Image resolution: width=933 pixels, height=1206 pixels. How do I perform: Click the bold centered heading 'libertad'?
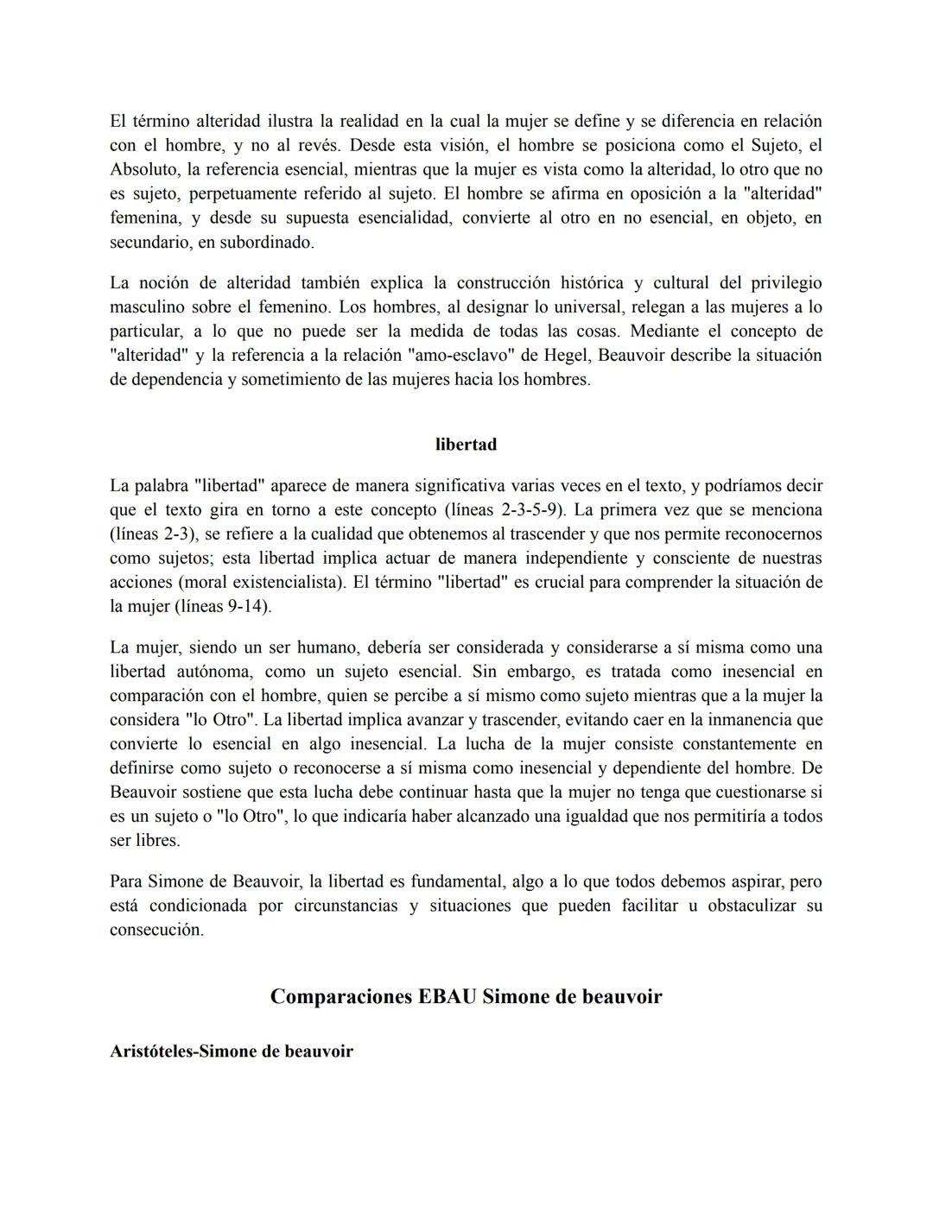(x=466, y=445)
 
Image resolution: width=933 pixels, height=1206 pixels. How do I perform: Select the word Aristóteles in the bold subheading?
(x=152, y=1051)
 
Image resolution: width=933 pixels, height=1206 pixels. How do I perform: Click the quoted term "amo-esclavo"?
(x=469, y=356)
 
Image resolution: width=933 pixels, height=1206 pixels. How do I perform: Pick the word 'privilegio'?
(x=786, y=283)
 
